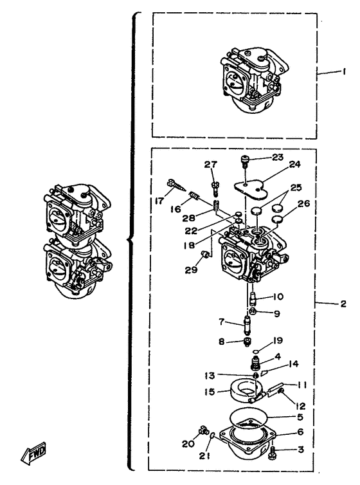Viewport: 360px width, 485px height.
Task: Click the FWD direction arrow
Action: (33, 453)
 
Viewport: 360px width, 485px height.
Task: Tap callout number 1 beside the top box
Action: (344, 71)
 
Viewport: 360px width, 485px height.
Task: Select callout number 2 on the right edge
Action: (343, 304)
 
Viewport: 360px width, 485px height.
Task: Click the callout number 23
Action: (278, 157)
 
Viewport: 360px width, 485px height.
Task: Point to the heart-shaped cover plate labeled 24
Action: (251, 190)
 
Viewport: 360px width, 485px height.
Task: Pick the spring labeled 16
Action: (194, 196)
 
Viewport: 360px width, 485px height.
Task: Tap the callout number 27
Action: (211, 164)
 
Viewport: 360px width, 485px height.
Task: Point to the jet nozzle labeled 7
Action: (248, 325)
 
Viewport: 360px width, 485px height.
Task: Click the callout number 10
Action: (278, 297)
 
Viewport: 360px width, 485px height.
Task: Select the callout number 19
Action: (278, 340)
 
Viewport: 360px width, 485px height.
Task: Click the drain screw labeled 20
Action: (203, 430)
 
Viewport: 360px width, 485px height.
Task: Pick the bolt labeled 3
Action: (272, 452)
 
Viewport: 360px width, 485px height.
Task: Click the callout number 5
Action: (300, 417)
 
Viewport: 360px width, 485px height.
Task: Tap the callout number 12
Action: (300, 405)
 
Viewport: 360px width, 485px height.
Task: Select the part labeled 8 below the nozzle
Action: (247, 342)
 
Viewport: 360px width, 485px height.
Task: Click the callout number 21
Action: (204, 455)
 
